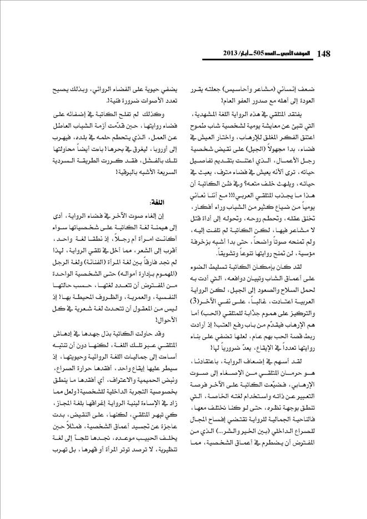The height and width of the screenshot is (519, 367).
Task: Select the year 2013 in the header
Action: tap(215, 54)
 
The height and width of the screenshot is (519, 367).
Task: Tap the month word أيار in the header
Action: tap(238, 54)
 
